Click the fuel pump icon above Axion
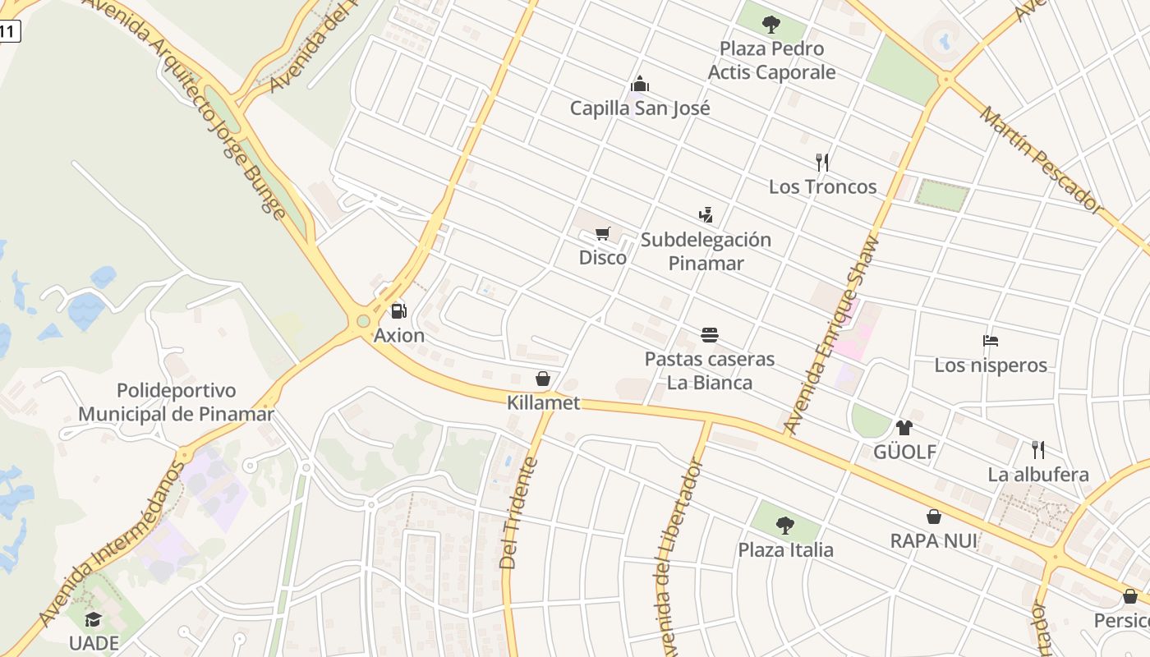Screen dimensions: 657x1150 (398, 311)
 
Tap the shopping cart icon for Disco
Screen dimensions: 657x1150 (603, 234)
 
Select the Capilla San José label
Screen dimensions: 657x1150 (640, 108)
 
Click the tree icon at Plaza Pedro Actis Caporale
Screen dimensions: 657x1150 (770, 24)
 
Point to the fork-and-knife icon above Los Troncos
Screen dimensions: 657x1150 (822, 162)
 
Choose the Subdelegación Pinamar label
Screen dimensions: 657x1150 (706, 251)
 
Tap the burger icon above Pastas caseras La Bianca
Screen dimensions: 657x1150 (710, 334)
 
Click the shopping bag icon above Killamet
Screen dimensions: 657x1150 (543, 379)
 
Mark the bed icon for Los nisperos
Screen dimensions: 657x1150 (991, 341)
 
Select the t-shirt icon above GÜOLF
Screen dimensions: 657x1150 (904, 427)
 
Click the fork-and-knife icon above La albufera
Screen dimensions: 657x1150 (1038, 449)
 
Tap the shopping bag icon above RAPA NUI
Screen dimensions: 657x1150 (934, 517)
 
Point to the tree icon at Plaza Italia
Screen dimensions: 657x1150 (785, 525)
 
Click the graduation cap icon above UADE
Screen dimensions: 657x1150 (94, 618)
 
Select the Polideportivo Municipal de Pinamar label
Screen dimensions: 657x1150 (176, 402)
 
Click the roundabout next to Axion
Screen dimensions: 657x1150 (361, 322)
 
